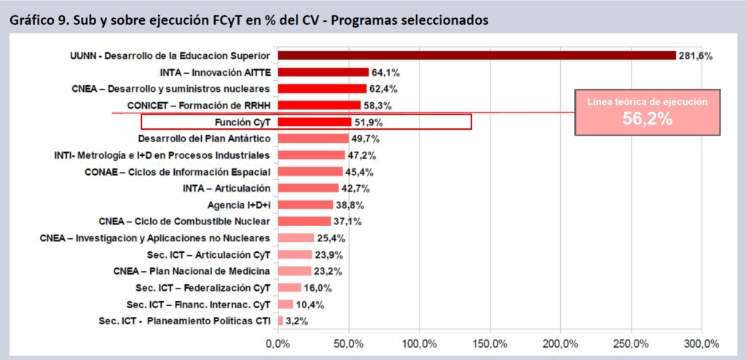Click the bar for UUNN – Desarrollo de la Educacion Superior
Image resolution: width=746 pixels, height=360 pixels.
(x=477, y=55)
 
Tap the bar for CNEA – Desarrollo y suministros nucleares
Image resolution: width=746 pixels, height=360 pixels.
(x=322, y=89)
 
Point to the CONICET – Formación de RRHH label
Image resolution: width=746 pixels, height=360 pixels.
(x=199, y=106)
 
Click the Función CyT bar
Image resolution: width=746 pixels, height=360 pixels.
(x=314, y=122)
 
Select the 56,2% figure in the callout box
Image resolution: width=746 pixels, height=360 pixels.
(x=647, y=119)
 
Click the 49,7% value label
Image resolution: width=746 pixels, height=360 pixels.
(x=366, y=138)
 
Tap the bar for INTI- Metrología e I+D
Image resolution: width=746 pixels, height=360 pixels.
(x=311, y=155)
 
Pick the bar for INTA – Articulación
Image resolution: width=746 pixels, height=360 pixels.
(x=308, y=188)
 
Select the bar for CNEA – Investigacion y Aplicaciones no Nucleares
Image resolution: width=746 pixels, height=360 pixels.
(x=296, y=238)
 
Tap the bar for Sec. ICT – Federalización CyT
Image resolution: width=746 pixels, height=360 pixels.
(x=289, y=288)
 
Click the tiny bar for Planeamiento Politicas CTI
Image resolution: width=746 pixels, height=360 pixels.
(x=280, y=321)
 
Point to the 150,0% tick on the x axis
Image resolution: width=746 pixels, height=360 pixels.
(x=490, y=343)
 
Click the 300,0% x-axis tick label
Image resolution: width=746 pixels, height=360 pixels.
(x=702, y=343)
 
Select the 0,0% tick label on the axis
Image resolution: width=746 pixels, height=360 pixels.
(x=278, y=343)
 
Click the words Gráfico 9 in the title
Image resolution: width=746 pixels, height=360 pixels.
(x=36, y=20)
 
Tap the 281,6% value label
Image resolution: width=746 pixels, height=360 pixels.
(x=696, y=55)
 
